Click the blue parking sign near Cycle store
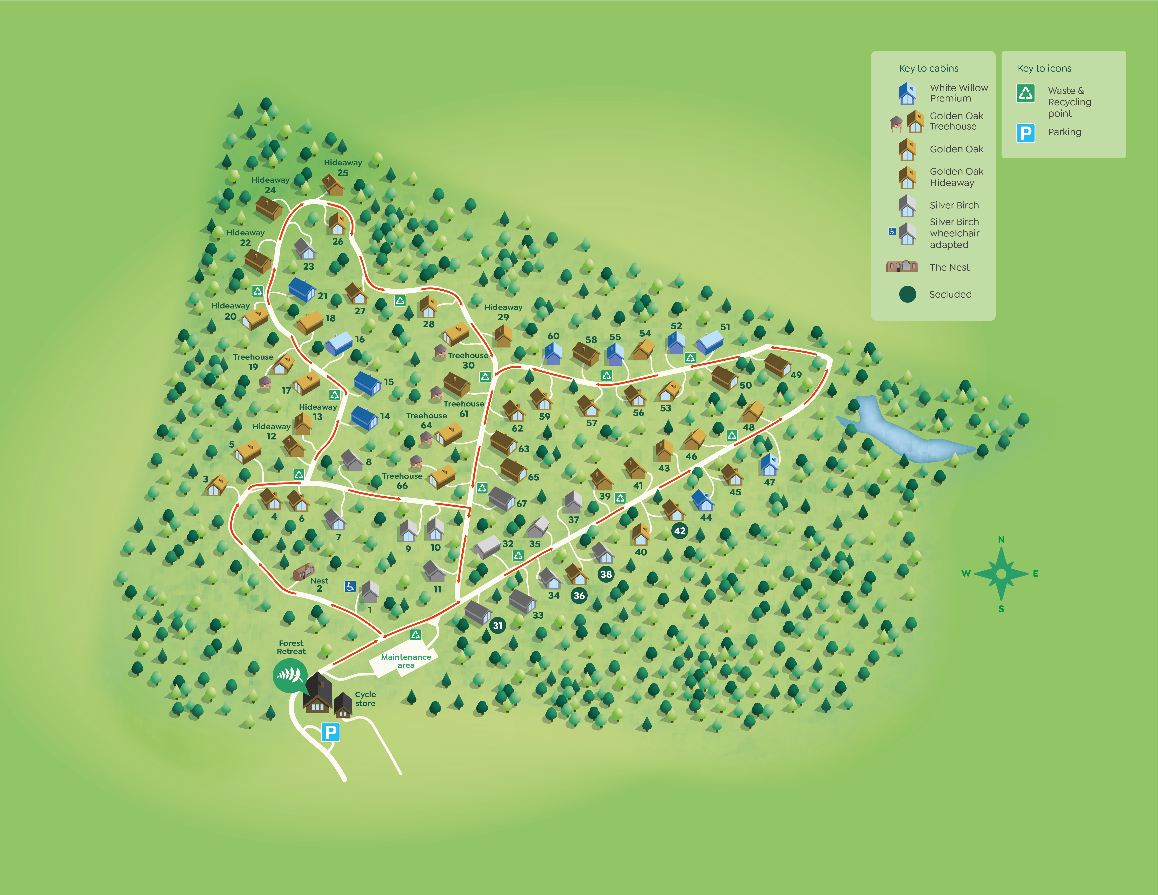tap(330, 732)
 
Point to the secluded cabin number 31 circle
tap(497, 625)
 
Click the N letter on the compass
tap(1001, 539)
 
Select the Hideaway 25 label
tap(343, 168)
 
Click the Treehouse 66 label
tap(402, 480)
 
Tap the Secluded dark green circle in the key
tap(907, 294)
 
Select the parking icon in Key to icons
tap(1026, 132)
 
